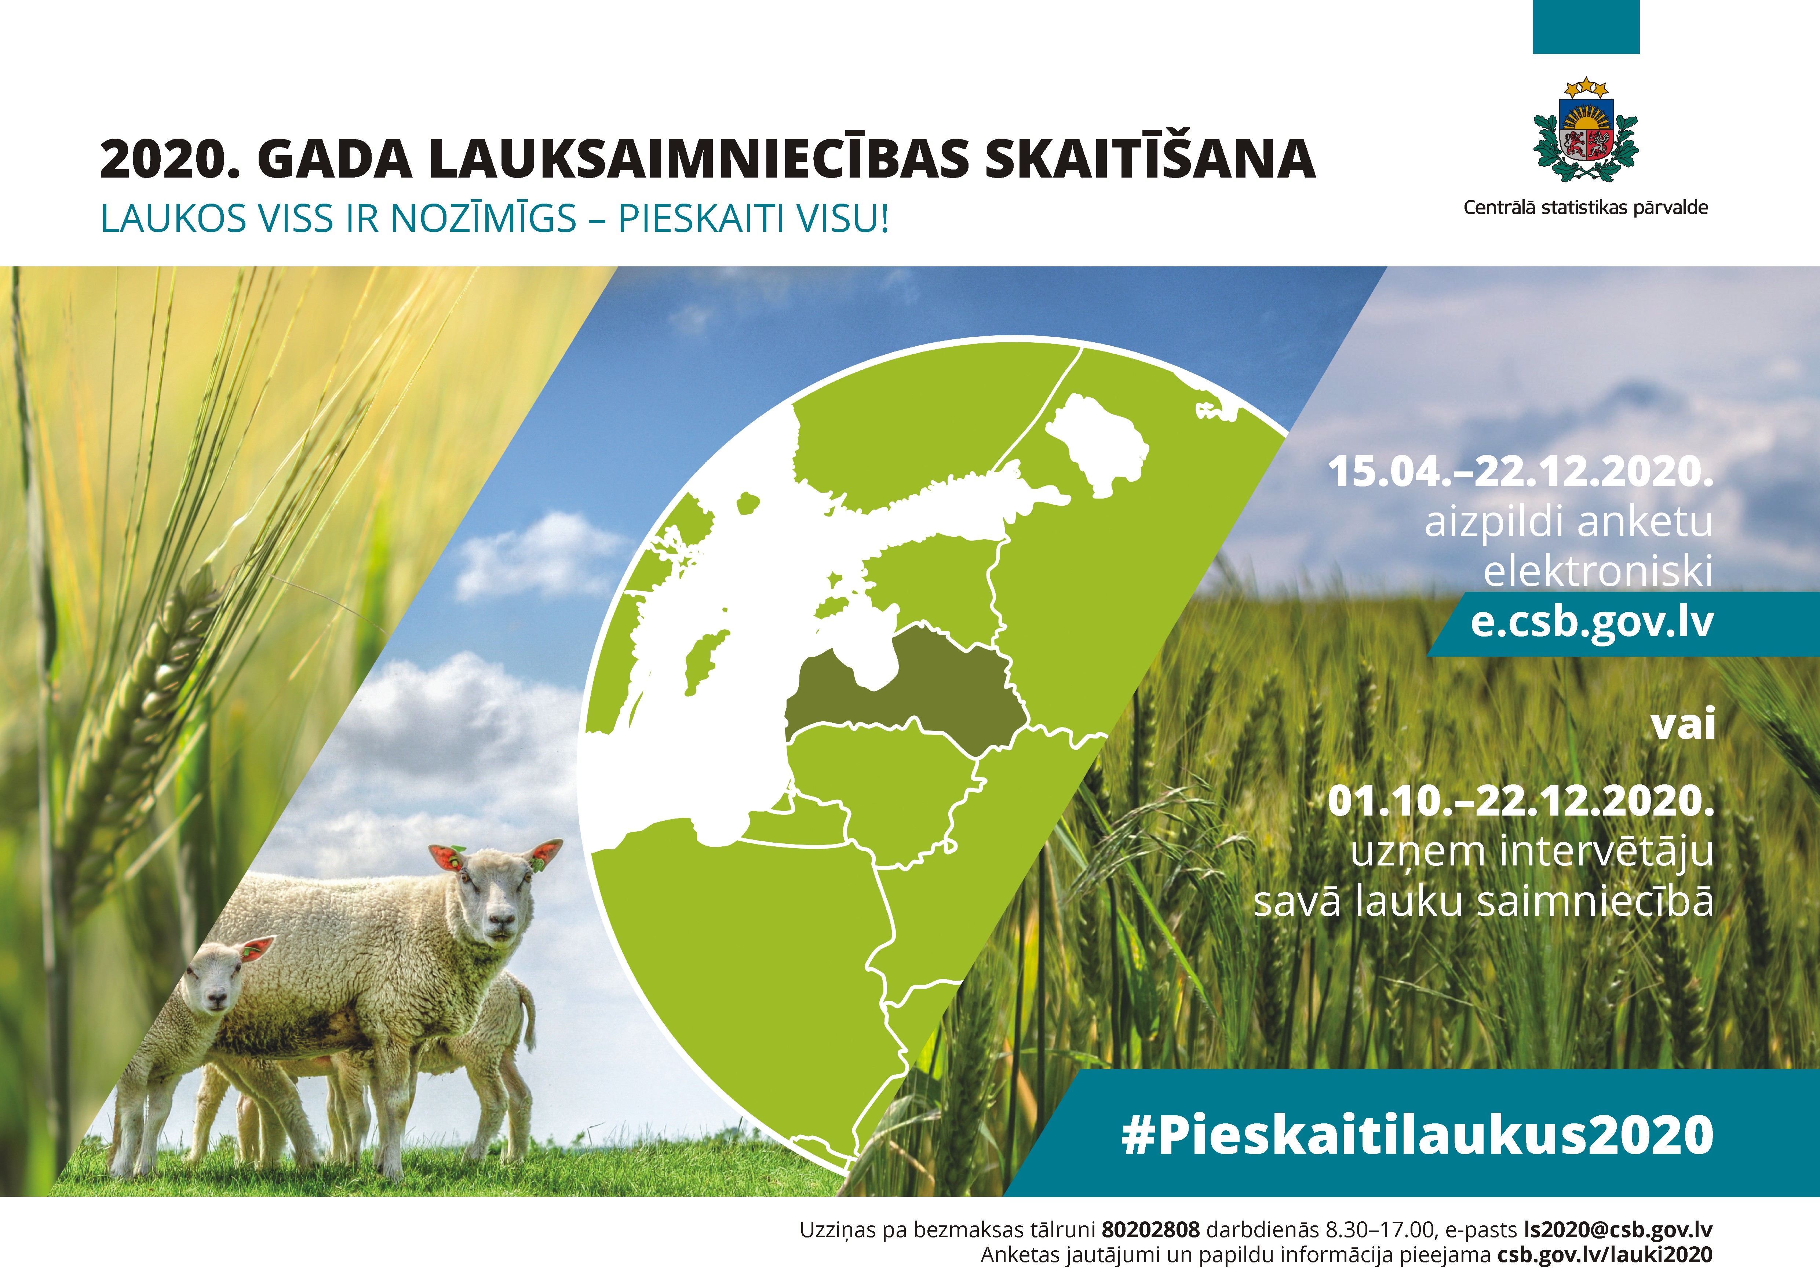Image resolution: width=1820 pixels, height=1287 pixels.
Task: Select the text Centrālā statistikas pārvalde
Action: (1585, 208)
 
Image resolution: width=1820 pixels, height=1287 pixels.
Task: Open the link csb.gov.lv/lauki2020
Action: (1605, 1254)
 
